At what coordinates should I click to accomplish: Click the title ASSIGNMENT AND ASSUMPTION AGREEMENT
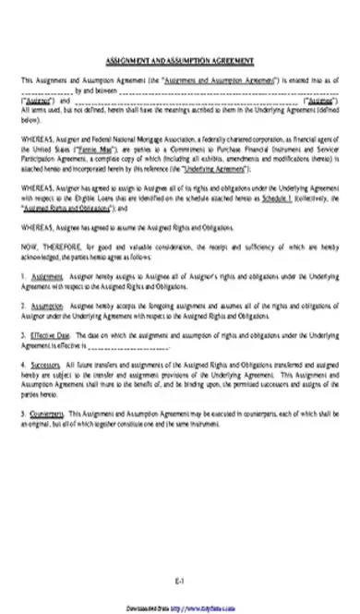(179, 58)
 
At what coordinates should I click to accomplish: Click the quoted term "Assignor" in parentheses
(36, 101)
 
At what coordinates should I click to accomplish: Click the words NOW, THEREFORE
(48, 247)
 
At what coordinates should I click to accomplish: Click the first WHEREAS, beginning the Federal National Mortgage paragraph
(36, 138)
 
